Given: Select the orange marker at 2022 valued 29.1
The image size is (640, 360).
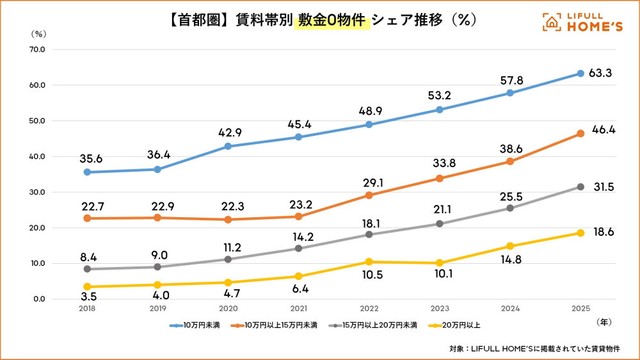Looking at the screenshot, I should [370, 195].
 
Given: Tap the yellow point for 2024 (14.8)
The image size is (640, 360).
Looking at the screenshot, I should [510, 246].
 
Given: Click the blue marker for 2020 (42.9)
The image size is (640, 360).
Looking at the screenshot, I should [229, 146].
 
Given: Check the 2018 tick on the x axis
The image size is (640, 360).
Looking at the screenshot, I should [88, 310].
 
